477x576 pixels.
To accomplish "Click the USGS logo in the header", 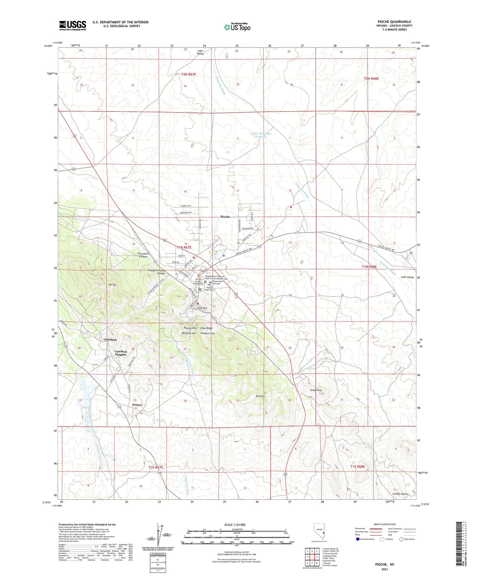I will coord(73,25).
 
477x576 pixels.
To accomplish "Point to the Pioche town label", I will coord(225,217).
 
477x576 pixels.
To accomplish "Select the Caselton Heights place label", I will coord(120,353).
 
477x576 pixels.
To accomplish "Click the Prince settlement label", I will coord(137,405).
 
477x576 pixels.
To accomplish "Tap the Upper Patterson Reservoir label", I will coord(261,135).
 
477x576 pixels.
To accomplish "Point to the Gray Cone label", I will coord(316,390).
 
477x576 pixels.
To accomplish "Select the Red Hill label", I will coord(260,396).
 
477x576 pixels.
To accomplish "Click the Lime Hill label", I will coord(202,308).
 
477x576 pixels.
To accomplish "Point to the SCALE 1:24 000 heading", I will coord(235,525).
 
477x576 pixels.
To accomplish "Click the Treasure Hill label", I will coord(207,333).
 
